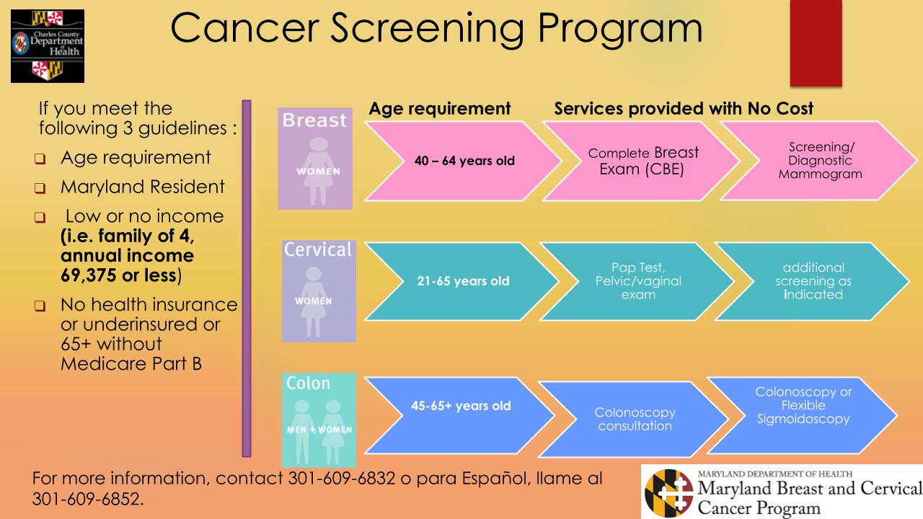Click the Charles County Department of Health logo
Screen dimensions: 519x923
click(x=48, y=45)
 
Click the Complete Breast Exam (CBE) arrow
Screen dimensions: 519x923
click(x=642, y=161)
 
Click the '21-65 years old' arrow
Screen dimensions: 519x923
click(x=462, y=281)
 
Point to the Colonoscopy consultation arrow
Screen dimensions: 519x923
click(x=635, y=419)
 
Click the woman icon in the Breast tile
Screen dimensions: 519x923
click(x=315, y=167)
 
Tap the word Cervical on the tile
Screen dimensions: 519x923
click(x=319, y=250)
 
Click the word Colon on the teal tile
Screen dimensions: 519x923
click(x=308, y=383)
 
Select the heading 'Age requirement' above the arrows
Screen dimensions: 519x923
click(x=439, y=109)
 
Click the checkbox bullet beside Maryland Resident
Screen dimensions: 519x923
click(x=43, y=189)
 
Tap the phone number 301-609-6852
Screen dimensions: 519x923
click(x=87, y=499)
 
